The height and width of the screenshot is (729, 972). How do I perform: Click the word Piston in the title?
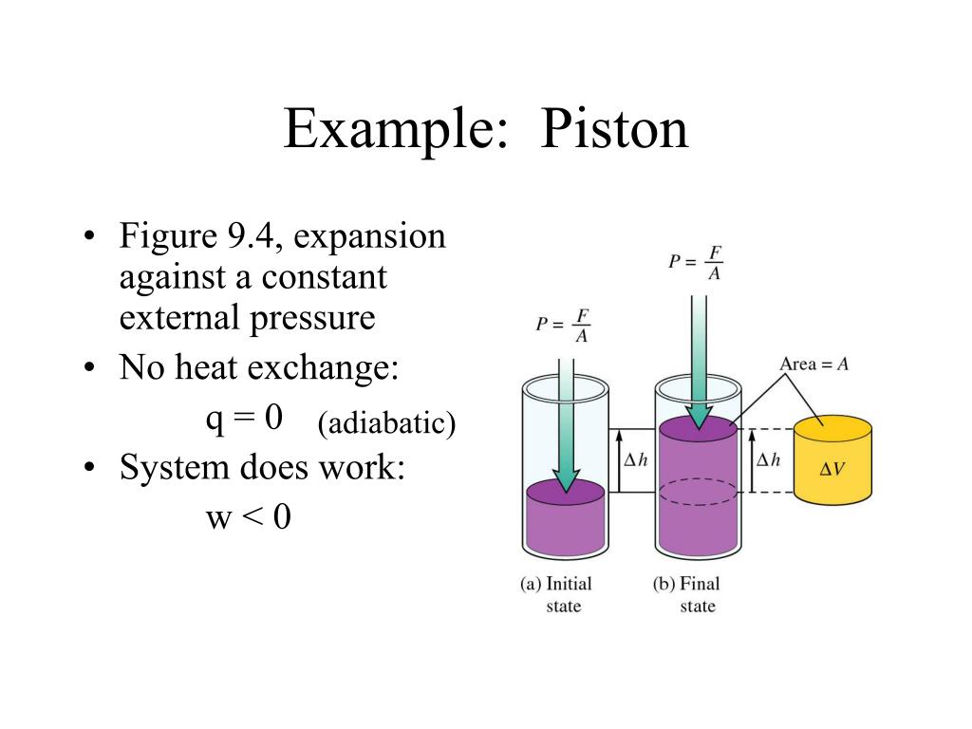(614, 129)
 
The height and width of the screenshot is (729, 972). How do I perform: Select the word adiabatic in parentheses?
(386, 423)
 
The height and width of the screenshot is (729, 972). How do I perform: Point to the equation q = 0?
(244, 418)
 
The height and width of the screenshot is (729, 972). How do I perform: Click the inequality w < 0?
(248, 518)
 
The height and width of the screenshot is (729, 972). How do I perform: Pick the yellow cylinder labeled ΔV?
(832, 461)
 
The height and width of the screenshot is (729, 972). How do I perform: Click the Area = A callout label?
(813, 364)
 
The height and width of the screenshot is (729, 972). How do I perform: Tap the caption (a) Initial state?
(555, 594)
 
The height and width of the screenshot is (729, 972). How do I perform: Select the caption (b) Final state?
(688, 594)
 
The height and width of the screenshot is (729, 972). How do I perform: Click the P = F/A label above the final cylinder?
(696, 262)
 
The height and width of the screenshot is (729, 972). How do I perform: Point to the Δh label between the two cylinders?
(634, 460)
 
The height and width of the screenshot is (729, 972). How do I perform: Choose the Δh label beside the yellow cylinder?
(767, 460)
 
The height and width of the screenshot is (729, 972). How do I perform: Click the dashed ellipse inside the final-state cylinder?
(698, 492)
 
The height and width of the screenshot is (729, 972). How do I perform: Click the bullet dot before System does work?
(88, 468)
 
